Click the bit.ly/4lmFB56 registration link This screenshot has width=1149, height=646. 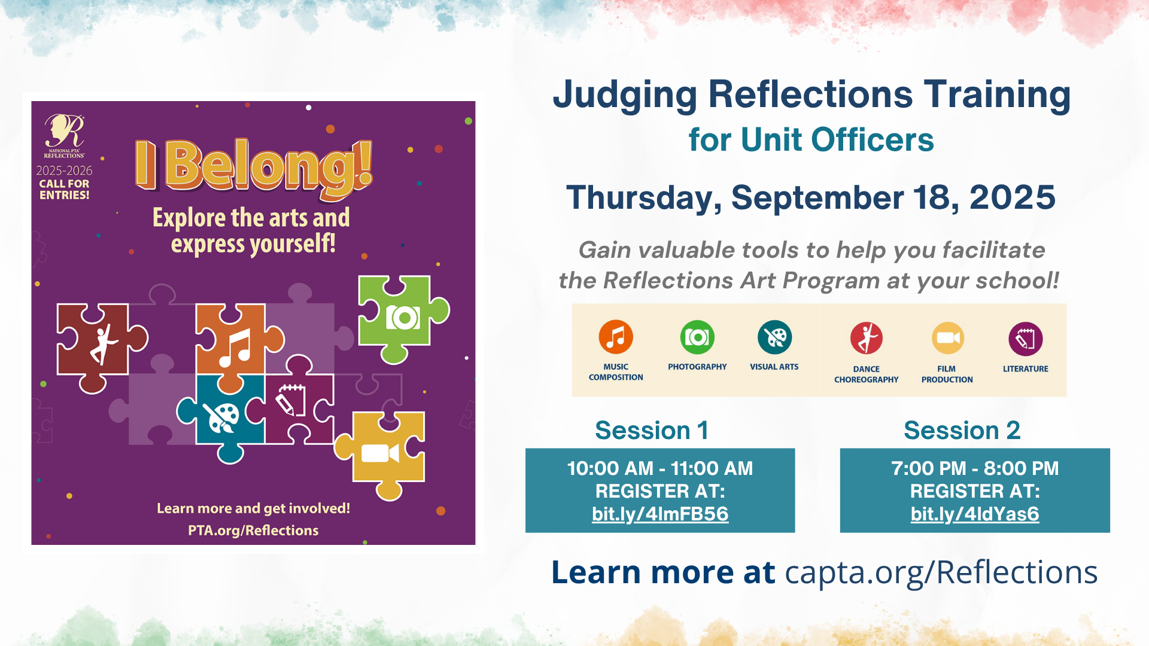pyautogui.click(x=660, y=514)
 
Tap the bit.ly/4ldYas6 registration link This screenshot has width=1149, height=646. pyautogui.click(x=975, y=514)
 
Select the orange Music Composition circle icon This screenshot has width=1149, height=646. pyautogui.click(x=616, y=337)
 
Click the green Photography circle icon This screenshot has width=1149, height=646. pyautogui.click(x=697, y=337)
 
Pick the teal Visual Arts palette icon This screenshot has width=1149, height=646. pyautogui.click(x=774, y=337)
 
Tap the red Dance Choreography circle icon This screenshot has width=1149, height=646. pyautogui.click(x=867, y=338)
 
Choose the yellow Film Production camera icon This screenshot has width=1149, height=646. pyautogui.click(x=948, y=338)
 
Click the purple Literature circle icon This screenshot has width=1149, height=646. pyautogui.click(x=1026, y=339)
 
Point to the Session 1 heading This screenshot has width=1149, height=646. pyautogui.click(x=652, y=430)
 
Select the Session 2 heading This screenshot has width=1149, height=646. pyautogui.click(x=962, y=430)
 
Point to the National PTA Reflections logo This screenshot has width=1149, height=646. pyautogui.click(x=64, y=136)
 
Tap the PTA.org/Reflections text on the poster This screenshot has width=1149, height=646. pyautogui.click(x=253, y=531)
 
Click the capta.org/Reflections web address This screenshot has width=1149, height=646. pyautogui.click(x=941, y=573)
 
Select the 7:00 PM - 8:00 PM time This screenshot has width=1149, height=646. pyautogui.click(x=975, y=468)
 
